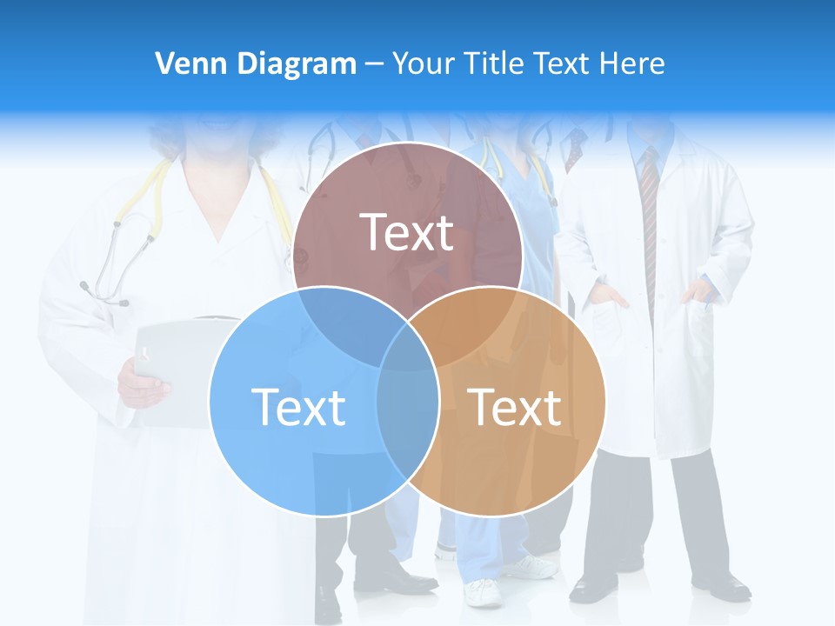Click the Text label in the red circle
click(407, 232)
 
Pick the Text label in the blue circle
click(298, 406)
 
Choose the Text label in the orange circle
click(515, 406)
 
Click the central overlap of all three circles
click(407, 352)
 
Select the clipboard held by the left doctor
click(178, 365)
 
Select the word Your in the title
click(424, 63)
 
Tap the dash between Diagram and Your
click(374, 63)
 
